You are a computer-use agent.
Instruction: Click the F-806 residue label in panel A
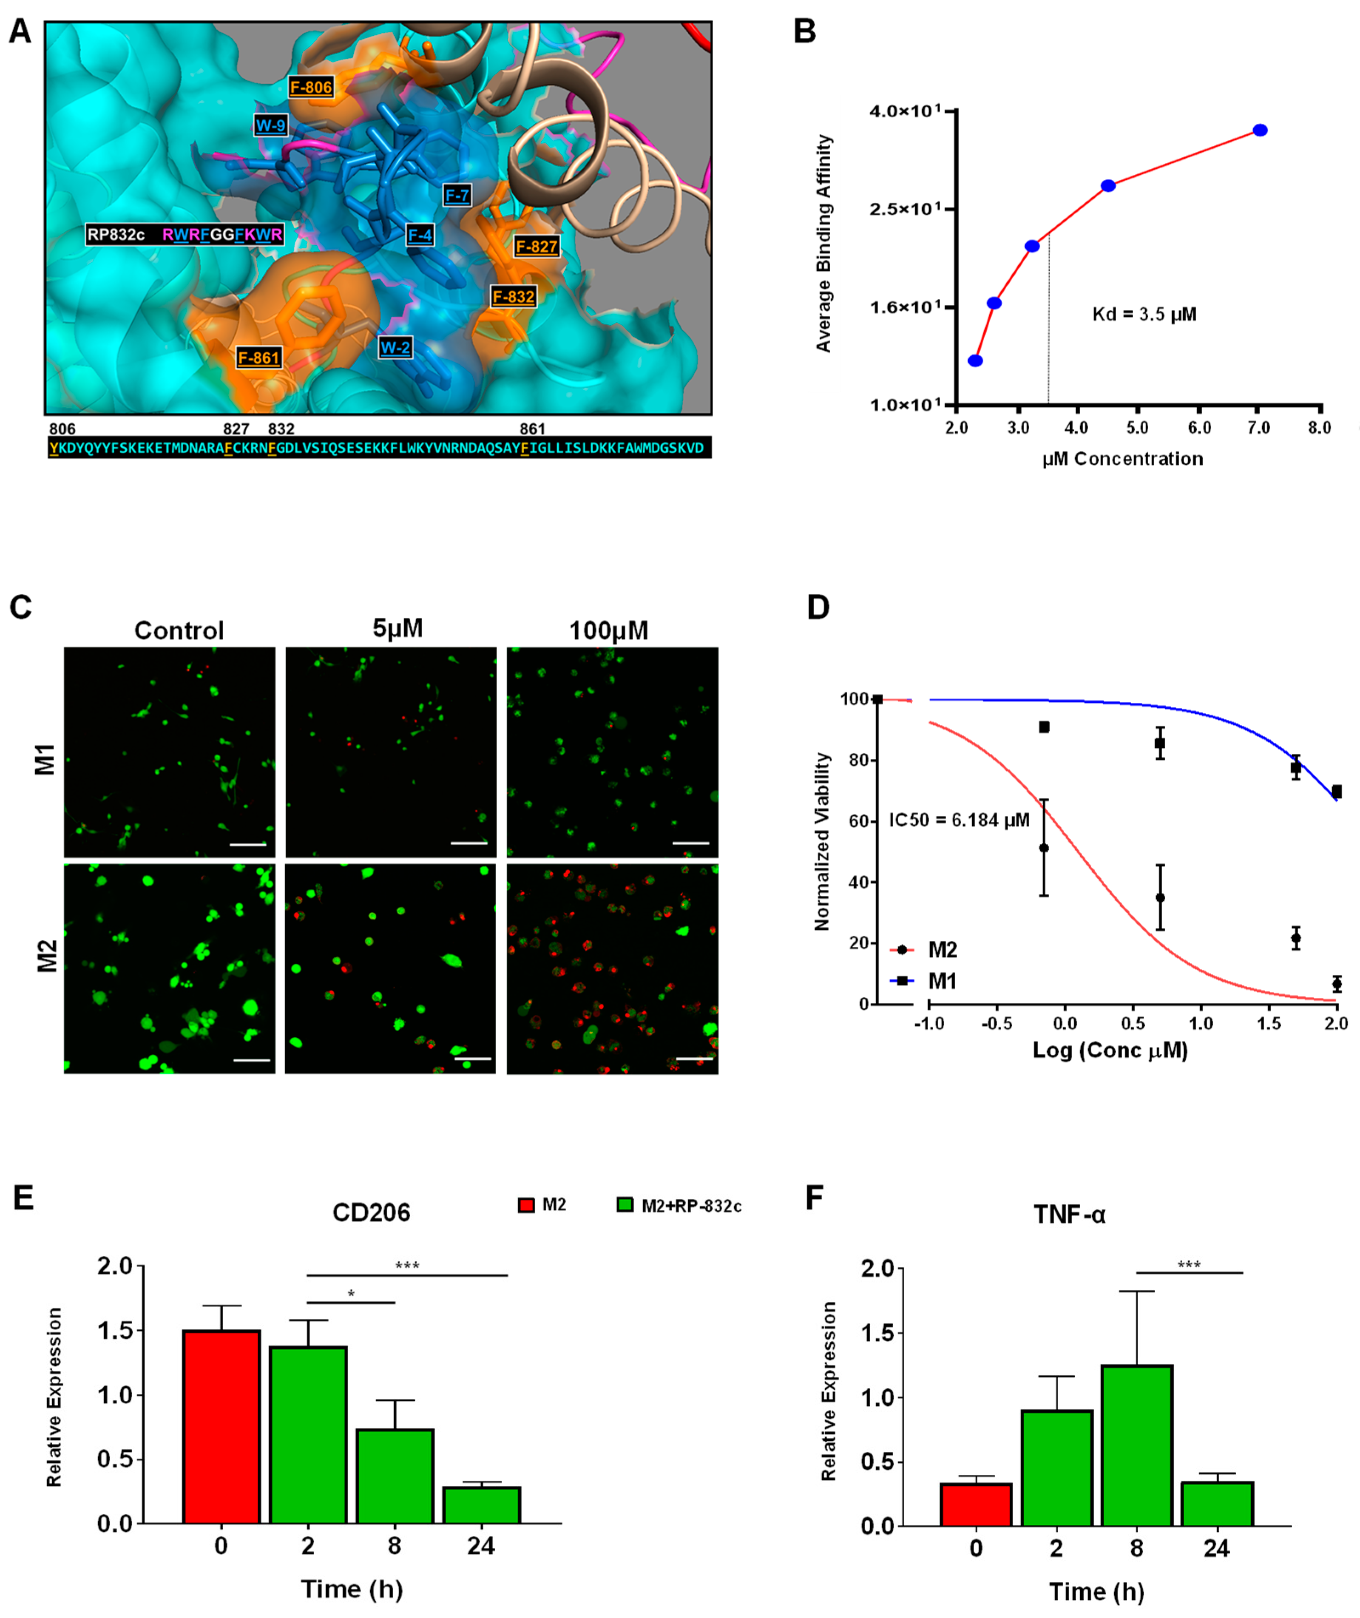point(311,87)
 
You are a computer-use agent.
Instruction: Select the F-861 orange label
point(258,358)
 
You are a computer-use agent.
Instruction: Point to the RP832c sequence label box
point(184,234)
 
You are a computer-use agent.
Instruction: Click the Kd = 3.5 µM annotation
point(1144,315)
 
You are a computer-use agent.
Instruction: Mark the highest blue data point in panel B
point(1260,130)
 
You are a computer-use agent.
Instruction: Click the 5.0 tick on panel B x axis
point(1137,428)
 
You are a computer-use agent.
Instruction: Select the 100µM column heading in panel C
point(608,630)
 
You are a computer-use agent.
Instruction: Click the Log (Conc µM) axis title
point(1110,1050)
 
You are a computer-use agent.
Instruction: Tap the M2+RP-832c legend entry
point(679,1206)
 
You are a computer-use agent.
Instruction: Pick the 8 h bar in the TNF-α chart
point(1136,1446)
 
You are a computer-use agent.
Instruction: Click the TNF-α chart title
point(1069,1215)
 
